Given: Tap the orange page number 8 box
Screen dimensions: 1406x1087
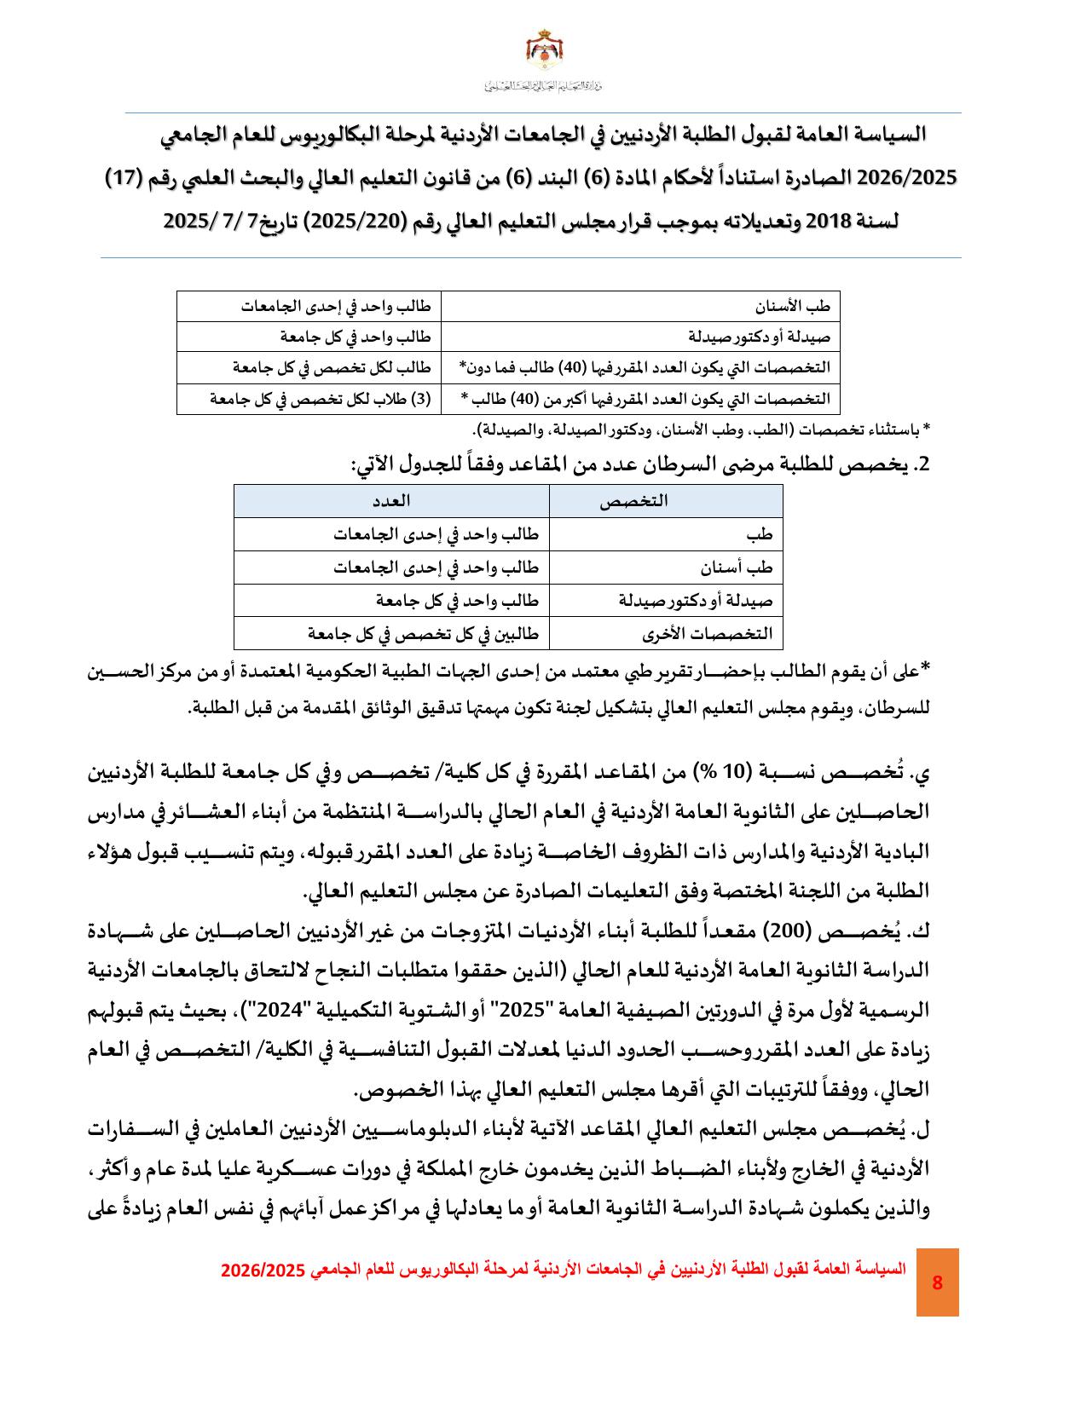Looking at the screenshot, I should pos(937,1282).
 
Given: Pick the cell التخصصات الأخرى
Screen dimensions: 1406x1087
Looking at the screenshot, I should pos(709,633).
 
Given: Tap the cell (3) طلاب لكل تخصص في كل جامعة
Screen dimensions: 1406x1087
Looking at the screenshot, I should pos(321,399).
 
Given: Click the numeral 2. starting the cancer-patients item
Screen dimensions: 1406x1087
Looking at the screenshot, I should pos(919,464).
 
